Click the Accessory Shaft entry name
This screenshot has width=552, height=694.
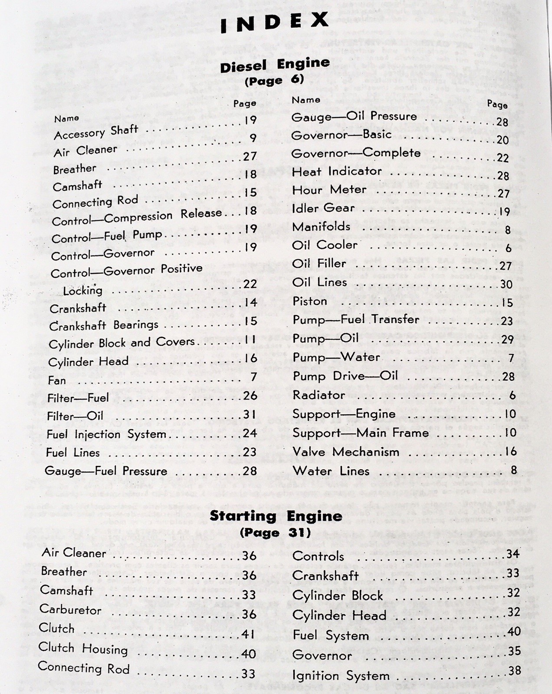tap(96, 132)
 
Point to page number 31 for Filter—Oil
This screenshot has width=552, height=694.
tap(250, 415)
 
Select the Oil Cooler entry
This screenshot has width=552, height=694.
tap(325, 245)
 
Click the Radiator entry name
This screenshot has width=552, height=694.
tap(319, 395)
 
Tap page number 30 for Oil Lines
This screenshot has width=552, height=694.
tap(506, 284)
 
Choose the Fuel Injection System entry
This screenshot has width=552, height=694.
tap(106, 434)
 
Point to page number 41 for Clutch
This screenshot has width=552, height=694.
tap(248, 634)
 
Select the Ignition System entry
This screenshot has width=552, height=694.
tap(341, 676)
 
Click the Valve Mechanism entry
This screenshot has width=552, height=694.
tap(346, 452)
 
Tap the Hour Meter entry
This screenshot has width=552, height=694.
tap(329, 190)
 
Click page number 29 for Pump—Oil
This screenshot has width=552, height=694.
tap(507, 339)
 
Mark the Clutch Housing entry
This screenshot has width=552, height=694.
tap(83, 648)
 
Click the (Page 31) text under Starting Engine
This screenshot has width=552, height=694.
tap(275, 533)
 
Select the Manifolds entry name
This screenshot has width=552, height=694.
tap(321, 227)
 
